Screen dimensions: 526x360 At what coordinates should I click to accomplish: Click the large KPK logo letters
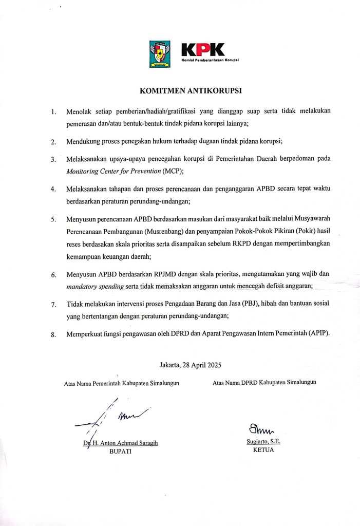203,50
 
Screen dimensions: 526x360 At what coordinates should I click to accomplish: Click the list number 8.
53,334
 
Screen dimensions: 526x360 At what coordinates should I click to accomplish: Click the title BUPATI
121,452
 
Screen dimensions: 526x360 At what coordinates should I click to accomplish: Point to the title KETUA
263,449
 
